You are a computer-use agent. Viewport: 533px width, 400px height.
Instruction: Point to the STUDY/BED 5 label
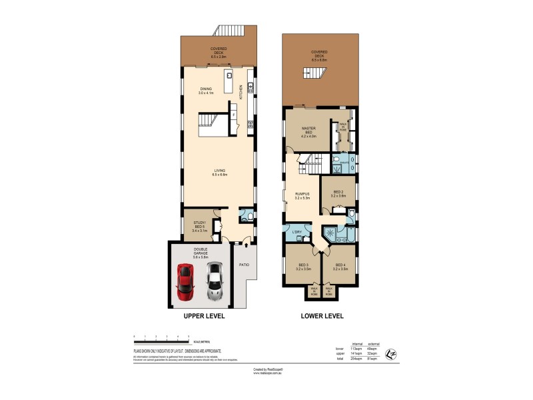tap(199, 225)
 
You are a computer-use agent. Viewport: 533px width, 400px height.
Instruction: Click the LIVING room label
tap(217, 172)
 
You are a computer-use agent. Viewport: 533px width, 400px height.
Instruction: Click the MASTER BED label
tap(308, 132)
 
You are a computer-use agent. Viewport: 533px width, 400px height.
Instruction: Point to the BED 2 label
tap(338, 193)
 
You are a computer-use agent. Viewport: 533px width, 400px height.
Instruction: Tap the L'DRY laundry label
tap(296, 231)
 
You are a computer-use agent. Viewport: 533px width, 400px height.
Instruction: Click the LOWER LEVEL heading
tap(321, 316)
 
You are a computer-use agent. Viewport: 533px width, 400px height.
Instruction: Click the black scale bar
tap(162, 341)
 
